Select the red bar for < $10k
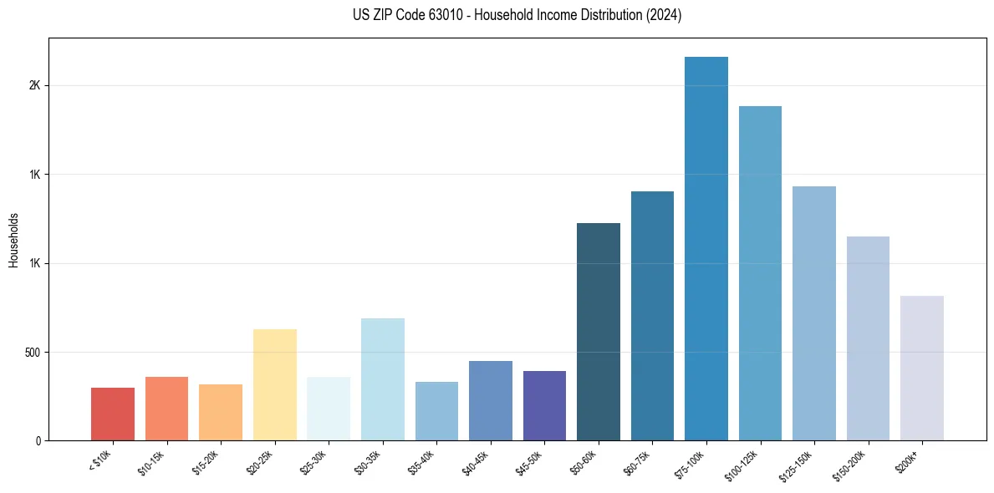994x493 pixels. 113,414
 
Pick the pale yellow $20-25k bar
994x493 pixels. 275,384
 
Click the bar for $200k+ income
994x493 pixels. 921,368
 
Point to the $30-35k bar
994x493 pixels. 383,379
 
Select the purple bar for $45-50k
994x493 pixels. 544,405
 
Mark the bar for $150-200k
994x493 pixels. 868,338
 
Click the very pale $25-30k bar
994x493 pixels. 329,409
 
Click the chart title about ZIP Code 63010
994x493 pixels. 517,15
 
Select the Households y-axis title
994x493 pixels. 13,239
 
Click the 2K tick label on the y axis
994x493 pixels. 36,85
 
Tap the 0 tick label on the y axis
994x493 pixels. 38,440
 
